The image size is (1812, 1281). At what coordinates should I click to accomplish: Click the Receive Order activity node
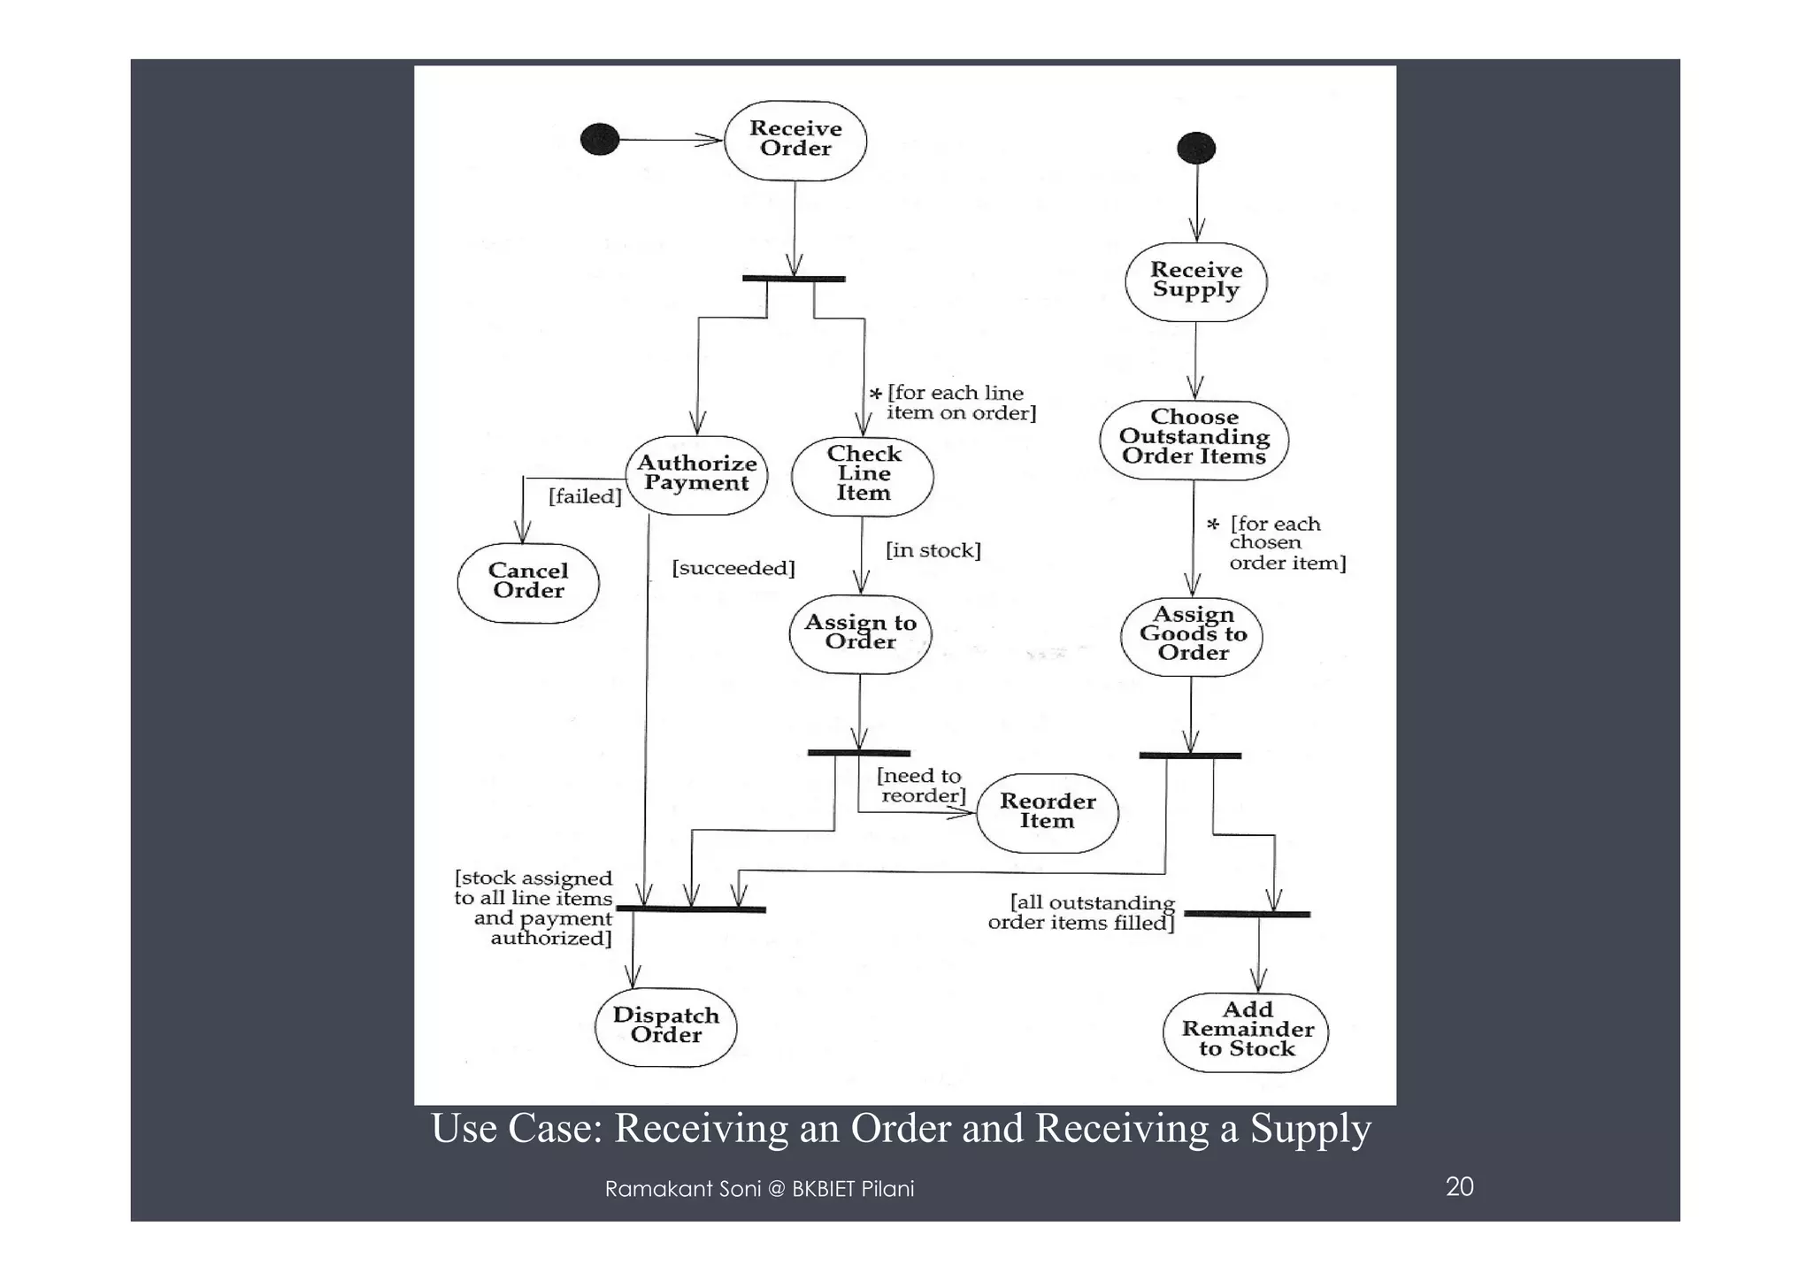point(795,140)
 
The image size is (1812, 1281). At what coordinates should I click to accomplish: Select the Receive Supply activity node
point(1195,281)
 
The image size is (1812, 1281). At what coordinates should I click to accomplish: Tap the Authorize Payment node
point(696,474)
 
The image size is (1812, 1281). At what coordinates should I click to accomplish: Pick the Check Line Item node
point(863,475)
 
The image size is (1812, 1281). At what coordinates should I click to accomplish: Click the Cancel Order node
point(528,582)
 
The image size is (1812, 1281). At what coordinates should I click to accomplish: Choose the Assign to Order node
point(860,633)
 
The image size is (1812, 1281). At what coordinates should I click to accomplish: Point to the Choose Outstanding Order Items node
point(1194,439)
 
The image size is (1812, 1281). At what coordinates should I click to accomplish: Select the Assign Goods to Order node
point(1192,635)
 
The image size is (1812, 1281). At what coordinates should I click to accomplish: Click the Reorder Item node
point(1048,812)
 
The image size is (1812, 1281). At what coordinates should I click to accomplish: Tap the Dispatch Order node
point(665,1026)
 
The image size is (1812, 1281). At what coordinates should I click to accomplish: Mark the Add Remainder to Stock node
point(1246,1032)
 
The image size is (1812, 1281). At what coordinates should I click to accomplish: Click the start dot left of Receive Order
point(599,140)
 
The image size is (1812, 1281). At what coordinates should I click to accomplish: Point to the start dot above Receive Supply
point(1196,148)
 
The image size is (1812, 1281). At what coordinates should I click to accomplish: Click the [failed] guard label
point(585,496)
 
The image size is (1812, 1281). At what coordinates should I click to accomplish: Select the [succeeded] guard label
point(733,568)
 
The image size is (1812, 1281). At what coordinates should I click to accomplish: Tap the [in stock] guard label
point(933,550)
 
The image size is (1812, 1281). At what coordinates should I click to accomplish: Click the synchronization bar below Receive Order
point(794,279)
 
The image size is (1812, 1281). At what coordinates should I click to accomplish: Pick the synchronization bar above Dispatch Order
point(691,909)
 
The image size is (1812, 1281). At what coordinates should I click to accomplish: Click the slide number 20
point(1459,1186)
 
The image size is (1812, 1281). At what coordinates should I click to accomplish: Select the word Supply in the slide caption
point(1310,1129)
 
